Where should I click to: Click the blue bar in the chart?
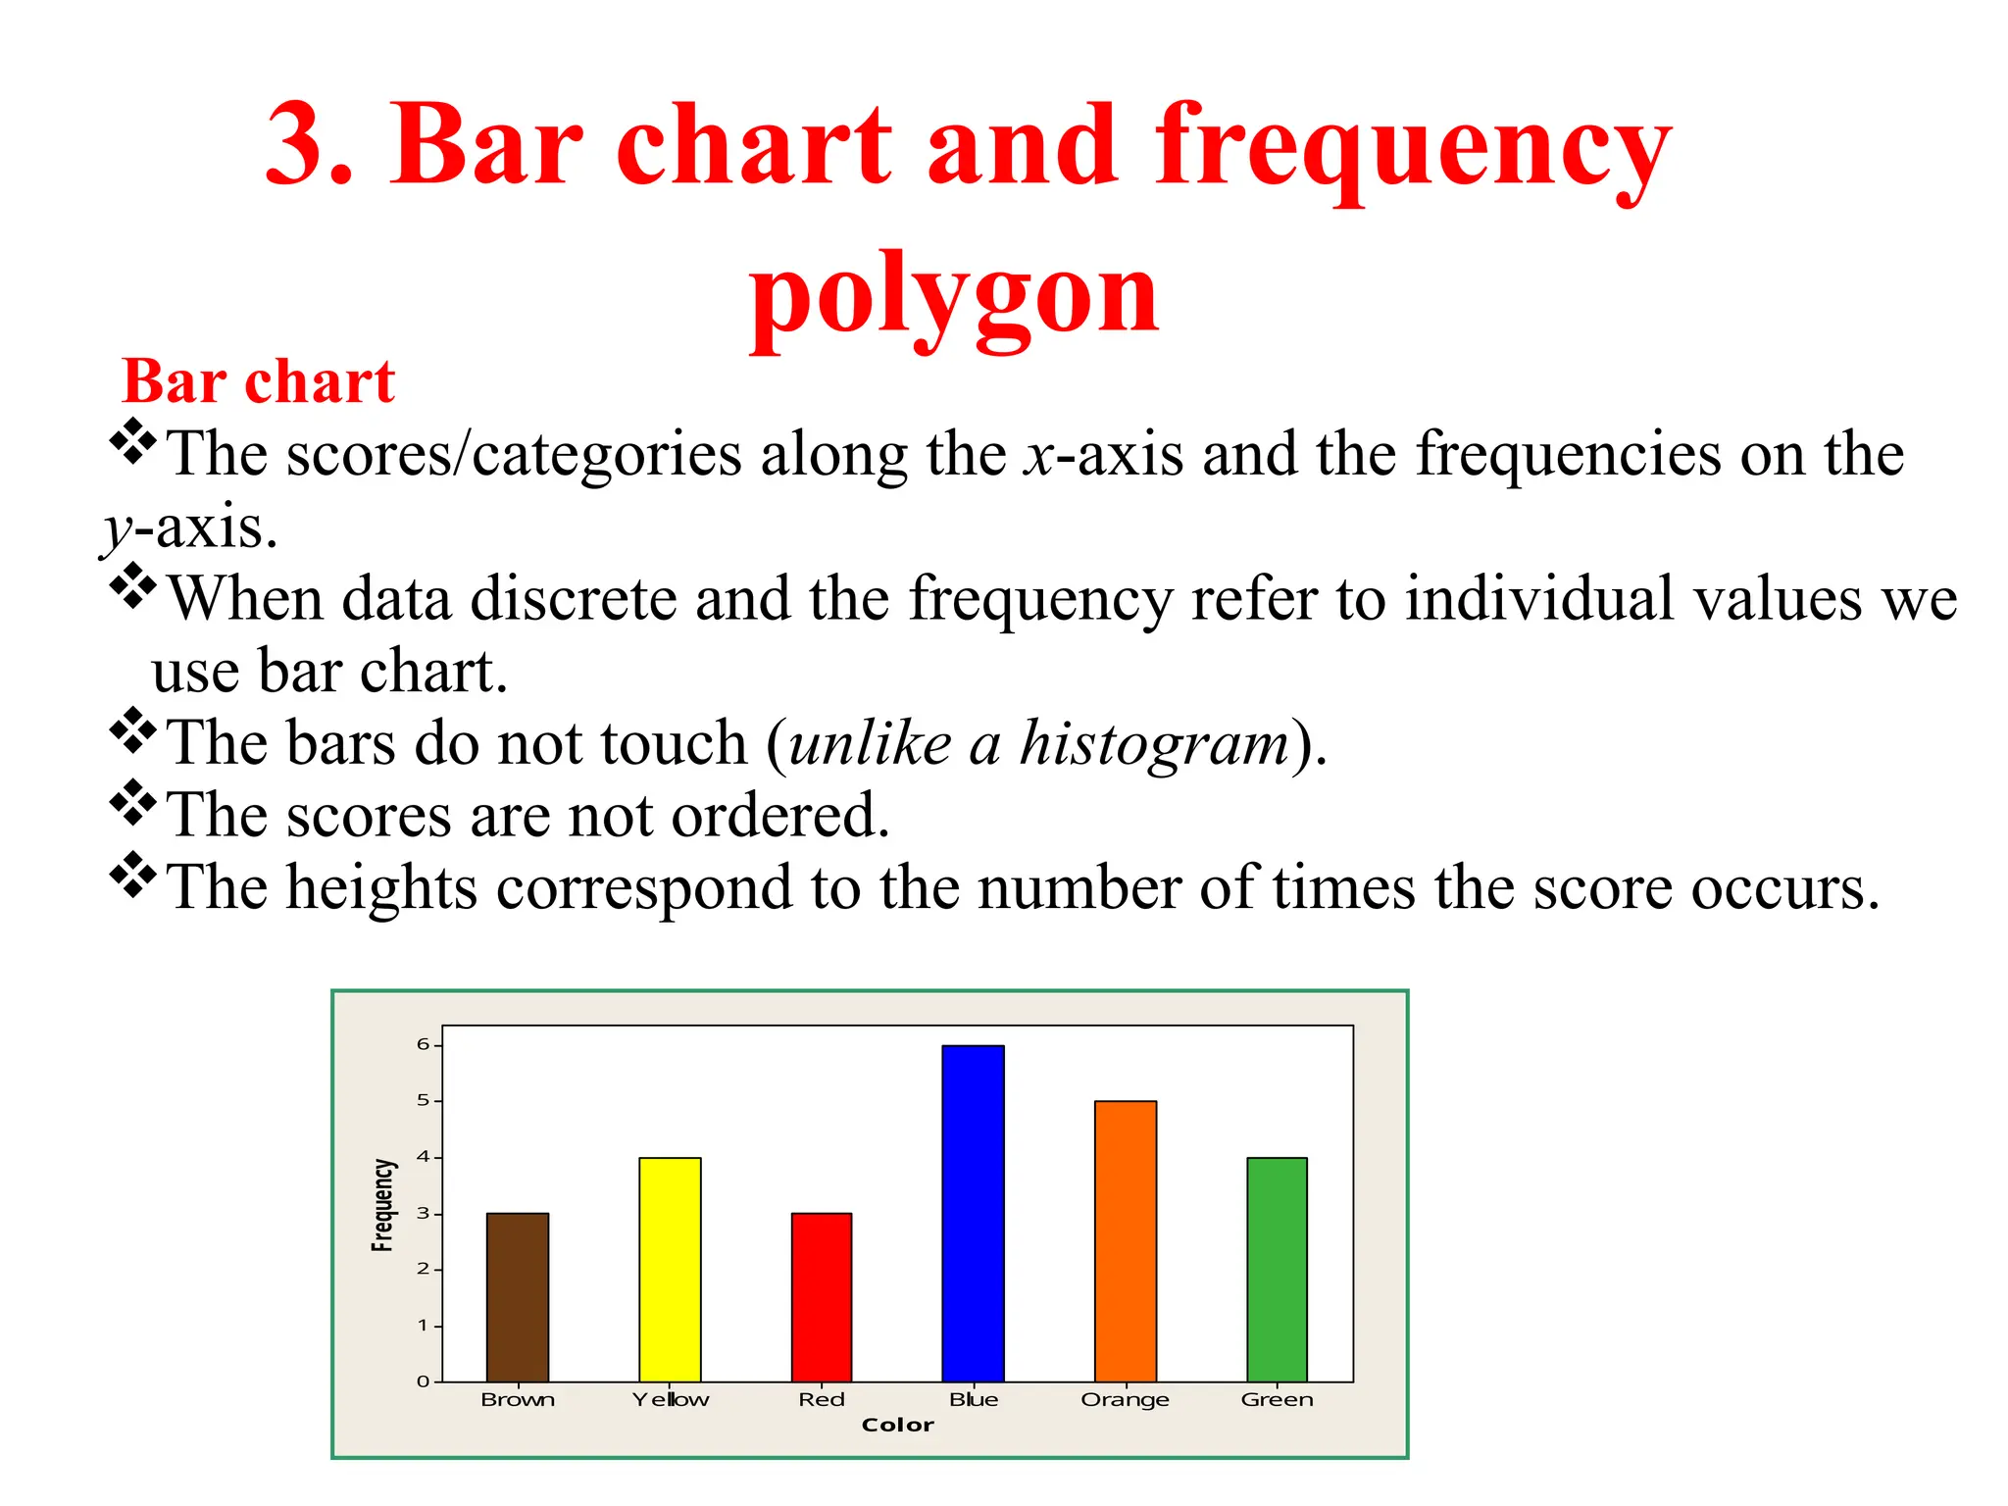[973, 1213]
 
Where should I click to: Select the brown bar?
[518, 1296]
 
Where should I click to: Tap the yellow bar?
[670, 1269]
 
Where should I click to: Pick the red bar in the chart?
[822, 1296]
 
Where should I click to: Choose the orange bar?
[1126, 1240]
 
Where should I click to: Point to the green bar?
[1277, 1269]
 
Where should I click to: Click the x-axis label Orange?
[1126, 1399]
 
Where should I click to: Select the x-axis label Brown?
[518, 1399]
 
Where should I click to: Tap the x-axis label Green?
[1277, 1399]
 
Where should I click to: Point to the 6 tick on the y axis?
[424, 1044]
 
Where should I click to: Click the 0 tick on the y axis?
[424, 1381]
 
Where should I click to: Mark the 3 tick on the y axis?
[424, 1213]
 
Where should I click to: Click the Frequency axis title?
[382, 1205]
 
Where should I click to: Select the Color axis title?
[897, 1425]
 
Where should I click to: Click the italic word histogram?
[1154, 743]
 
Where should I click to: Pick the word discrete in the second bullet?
[574, 598]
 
